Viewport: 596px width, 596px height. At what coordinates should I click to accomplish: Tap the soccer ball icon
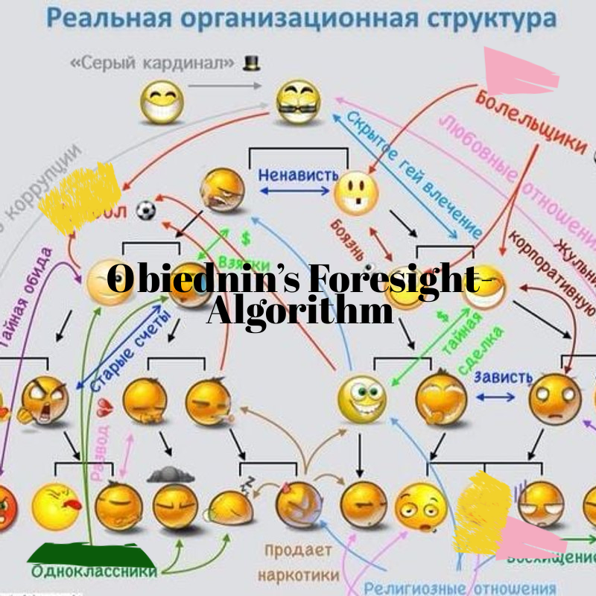pos(147,211)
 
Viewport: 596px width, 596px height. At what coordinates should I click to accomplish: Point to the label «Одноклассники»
pos(94,571)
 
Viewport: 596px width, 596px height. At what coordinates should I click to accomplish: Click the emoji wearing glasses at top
pos(298,102)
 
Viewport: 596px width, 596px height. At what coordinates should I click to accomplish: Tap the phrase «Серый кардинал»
pos(155,63)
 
